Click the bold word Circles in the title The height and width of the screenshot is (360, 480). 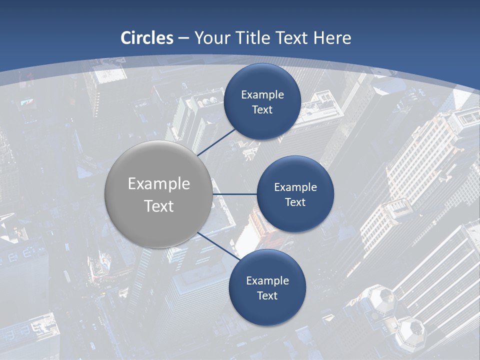(147, 38)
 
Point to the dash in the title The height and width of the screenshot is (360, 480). (183, 38)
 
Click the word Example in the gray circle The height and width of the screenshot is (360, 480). (158, 184)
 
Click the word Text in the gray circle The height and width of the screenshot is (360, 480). (158, 206)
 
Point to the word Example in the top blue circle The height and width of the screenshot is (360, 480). (262, 94)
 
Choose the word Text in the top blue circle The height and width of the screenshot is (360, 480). (262, 109)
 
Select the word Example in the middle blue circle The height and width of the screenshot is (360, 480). (295, 187)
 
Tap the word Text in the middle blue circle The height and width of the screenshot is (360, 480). (295, 202)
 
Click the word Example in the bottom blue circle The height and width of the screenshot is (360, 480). (267, 280)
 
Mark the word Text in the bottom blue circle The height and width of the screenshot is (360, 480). (267, 295)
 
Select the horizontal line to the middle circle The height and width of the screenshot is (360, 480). (234, 194)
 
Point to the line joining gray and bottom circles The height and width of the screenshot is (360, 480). (217, 245)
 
